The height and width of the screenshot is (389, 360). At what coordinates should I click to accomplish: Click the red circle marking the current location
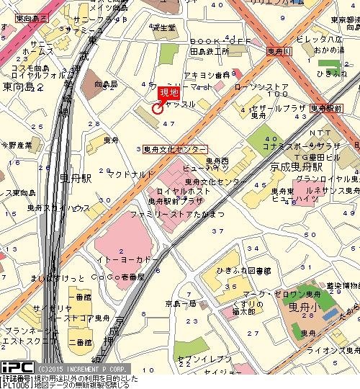pos(157,109)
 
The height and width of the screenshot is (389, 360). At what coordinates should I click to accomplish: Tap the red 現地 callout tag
pos(168,94)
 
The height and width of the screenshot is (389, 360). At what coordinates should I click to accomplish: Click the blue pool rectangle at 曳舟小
pos(328,315)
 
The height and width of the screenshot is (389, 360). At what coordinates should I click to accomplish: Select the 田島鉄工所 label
pos(209,52)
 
